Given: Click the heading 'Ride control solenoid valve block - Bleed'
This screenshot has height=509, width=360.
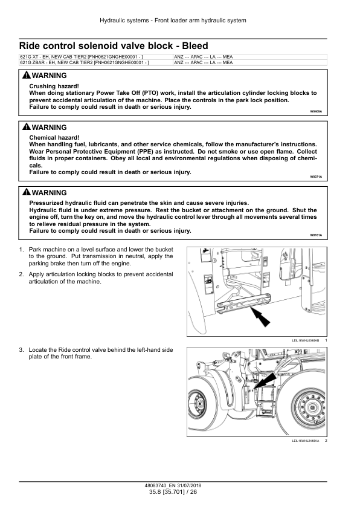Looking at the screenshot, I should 114,45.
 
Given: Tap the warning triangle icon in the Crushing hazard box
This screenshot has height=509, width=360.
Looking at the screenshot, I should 25,76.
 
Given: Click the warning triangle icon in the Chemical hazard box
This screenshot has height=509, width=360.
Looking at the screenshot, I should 25,128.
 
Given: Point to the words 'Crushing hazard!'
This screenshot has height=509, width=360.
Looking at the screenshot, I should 54,86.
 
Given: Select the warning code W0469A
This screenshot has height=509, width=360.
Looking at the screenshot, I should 316,112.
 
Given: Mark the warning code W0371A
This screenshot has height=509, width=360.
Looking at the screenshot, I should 316,177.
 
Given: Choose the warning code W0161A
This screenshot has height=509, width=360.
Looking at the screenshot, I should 316,235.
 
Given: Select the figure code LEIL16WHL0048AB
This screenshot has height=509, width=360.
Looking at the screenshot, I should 306,341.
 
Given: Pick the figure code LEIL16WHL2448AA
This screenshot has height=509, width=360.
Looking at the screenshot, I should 306,441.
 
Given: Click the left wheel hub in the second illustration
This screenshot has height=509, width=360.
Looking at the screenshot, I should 196,400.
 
